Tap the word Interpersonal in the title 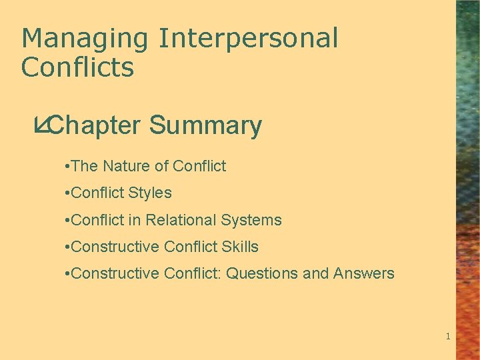coord(248,39)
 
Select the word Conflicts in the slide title coord(77,67)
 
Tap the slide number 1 coord(448,337)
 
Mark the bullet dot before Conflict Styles coord(68,193)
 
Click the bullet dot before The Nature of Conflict coord(68,167)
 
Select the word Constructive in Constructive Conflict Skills coord(115,247)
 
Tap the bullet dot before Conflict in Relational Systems coord(68,220)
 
